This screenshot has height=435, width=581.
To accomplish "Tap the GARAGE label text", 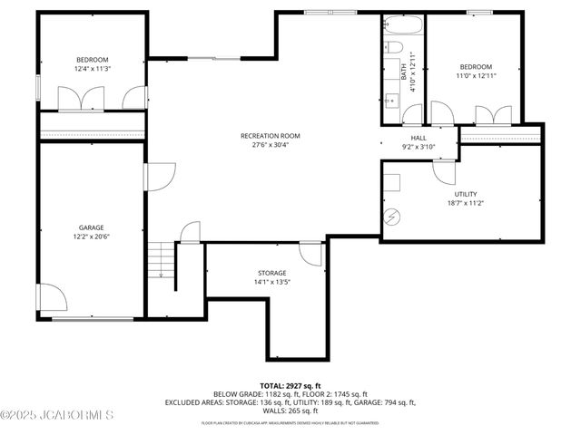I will [91, 227].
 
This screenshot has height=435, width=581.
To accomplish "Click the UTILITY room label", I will [465, 194].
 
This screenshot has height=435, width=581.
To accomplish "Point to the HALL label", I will [419, 138].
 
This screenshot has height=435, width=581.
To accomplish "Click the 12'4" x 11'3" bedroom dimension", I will [91, 68].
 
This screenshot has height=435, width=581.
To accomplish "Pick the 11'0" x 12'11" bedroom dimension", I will [475, 77].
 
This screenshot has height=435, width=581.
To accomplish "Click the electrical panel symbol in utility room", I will [392, 217].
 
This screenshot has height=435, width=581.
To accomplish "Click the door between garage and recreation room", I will [159, 176].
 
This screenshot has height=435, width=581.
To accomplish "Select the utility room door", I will [443, 173].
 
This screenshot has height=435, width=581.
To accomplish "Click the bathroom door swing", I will [413, 114].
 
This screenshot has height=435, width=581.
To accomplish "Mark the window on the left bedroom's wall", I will [37, 88].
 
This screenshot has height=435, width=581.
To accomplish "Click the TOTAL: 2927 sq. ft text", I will [290, 386].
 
